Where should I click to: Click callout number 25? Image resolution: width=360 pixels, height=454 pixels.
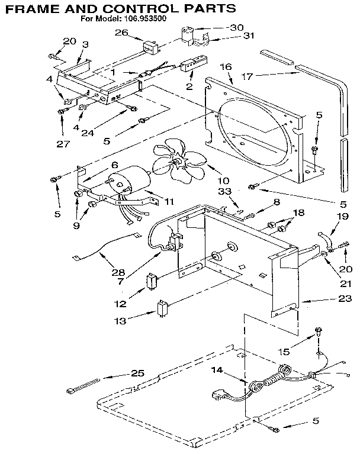tap(137, 373)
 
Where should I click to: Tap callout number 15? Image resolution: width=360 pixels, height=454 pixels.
tap(284, 352)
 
